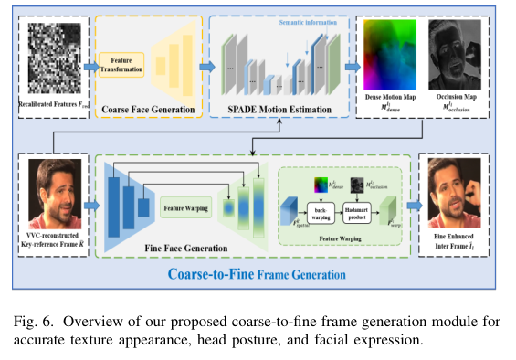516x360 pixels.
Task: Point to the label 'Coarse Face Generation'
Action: [149, 110]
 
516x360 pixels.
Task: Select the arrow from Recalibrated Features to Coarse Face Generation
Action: [90, 66]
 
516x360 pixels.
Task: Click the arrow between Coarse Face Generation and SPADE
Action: [207, 66]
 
